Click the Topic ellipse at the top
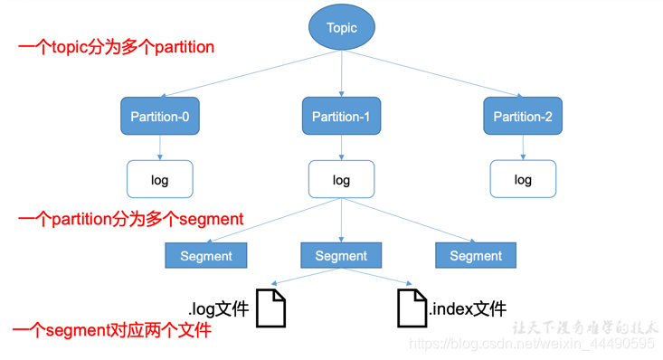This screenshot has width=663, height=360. coord(342,27)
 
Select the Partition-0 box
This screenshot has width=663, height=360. coord(160,116)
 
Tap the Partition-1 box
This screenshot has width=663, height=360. coord(341,116)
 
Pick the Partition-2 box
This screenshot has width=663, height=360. coord(523,116)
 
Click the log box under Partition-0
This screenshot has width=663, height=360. coord(160,179)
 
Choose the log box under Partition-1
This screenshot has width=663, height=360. coord(341,179)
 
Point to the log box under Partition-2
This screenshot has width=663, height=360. coord(523,179)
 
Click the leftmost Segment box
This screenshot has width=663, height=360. coord(206,255)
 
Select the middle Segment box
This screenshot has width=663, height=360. coord(341,255)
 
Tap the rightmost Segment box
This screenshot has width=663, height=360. coord(476,255)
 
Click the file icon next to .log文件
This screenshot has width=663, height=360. coord(270,308)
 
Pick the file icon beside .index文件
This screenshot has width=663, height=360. coord(412,308)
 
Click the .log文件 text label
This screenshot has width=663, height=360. coord(219,308)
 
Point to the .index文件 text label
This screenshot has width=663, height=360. coord(468,308)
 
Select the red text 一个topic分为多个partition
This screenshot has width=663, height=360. coord(117,47)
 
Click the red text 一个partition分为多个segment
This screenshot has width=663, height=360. coord(130,219)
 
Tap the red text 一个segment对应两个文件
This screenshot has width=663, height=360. coord(111,330)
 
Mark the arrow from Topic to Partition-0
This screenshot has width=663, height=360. coord(251,73)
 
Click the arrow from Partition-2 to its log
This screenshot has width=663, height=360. coord(523,147)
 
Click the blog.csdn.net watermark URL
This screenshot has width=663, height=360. coord(532,343)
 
